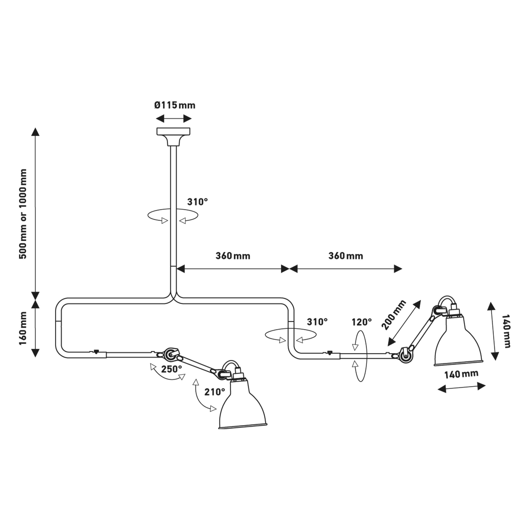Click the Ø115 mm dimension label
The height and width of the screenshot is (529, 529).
coord(175,105)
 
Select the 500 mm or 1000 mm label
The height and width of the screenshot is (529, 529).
coord(23,214)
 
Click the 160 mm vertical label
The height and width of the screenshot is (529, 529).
coord(23,328)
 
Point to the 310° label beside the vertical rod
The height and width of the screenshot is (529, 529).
coord(197,202)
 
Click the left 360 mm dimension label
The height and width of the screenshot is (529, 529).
coord(233,256)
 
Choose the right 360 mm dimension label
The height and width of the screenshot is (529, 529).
coord(346,256)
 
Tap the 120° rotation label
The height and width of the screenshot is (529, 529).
coord(362,322)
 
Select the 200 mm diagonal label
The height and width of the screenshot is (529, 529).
coord(393,315)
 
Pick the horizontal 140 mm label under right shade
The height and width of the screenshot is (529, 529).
coord(461,374)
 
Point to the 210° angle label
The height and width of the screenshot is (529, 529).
coord(215,392)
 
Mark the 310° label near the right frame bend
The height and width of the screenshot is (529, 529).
coord(317,322)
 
